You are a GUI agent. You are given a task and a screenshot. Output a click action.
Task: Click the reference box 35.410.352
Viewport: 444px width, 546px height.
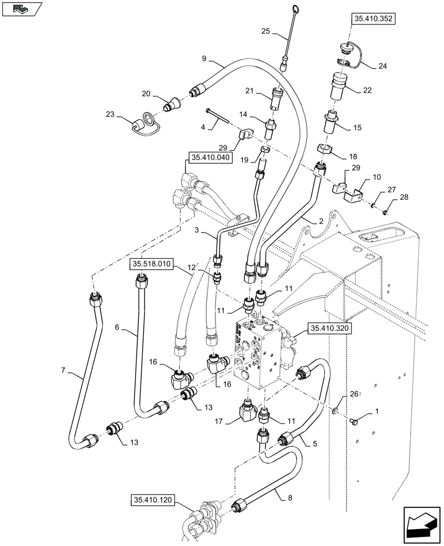pos(374,19)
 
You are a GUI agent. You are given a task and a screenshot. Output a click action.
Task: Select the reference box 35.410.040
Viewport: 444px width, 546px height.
pos(211,158)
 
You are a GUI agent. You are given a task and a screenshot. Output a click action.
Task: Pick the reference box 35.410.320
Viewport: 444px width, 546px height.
pos(329,328)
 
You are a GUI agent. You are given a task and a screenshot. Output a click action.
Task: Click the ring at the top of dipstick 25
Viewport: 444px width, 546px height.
pos(295,8)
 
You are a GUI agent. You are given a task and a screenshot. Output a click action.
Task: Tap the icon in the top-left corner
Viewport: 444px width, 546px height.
pos(21,9)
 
